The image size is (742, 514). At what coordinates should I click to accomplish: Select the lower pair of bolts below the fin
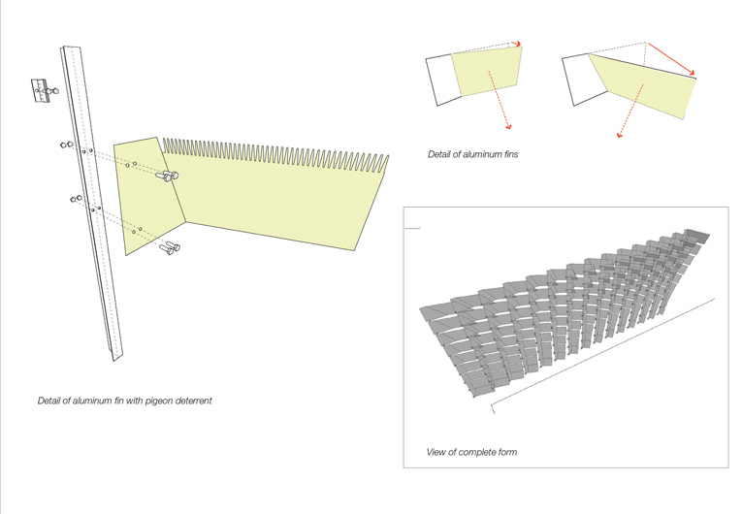pyautogui.click(x=172, y=249)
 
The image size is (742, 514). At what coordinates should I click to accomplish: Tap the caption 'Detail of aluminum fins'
pyautogui.click(x=472, y=155)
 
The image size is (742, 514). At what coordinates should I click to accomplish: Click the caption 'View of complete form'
pyautogui.click(x=471, y=452)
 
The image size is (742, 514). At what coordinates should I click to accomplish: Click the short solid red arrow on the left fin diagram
pyautogui.click(x=516, y=44)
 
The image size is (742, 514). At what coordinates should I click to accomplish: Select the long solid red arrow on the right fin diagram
pyautogui.click(x=671, y=58)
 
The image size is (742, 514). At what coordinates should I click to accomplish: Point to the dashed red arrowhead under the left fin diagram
pyautogui.click(x=506, y=126)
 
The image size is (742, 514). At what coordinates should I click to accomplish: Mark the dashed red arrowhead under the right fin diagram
pyautogui.click(x=621, y=134)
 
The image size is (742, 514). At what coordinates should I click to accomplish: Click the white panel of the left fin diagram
pyautogui.click(x=441, y=78)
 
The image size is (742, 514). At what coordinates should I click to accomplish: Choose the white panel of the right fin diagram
pyautogui.click(x=575, y=78)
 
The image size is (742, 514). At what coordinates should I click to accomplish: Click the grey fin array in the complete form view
pyautogui.click(x=563, y=310)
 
